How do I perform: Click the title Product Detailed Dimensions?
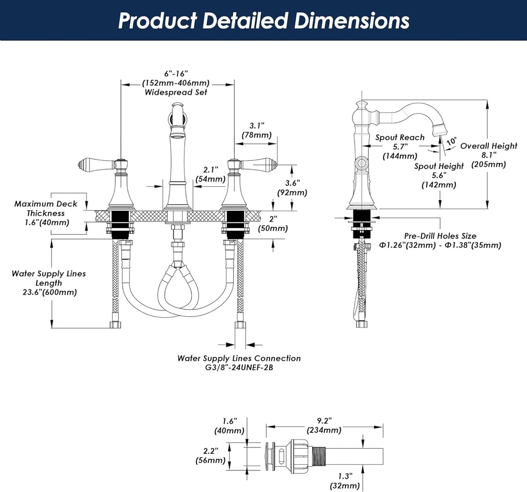click(263, 21)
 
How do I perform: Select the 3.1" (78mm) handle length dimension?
click(256, 130)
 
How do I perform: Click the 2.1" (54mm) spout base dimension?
click(210, 174)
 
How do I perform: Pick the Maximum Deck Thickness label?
click(46, 208)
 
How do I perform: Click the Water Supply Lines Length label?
click(49, 278)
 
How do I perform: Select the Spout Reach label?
click(400, 137)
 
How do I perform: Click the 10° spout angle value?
click(451, 141)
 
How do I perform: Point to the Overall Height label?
click(488, 146)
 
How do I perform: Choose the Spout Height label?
click(439, 166)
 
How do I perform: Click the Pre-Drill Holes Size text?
click(440, 236)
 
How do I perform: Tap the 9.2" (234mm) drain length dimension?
click(324, 425)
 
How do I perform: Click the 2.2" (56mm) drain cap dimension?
click(212, 455)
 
